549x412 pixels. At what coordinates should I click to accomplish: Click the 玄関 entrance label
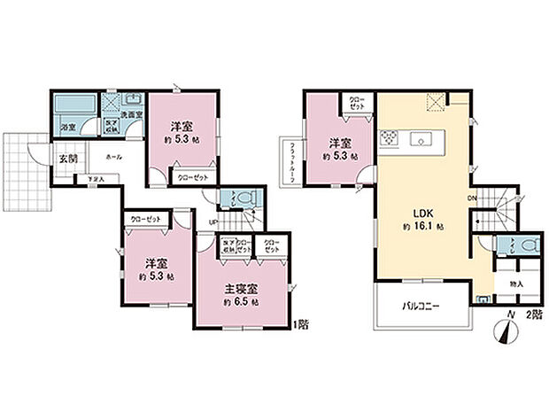pyautogui.click(x=67, y=159)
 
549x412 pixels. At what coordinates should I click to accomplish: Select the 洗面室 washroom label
pyautogui.click(x=131, y=115)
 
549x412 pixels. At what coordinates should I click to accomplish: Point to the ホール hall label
pyautogui.click(x=114, y=156)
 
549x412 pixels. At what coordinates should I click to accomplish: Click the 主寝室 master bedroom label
pyautogui.click(x=239, y=289)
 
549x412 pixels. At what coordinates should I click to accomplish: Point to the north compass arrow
pyautogui.click(x=506, y=333)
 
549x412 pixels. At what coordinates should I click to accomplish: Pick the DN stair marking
pyautogui.click(x=473, y=198)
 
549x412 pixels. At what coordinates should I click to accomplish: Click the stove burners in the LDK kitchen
pyautogui.click(x=390, y=138)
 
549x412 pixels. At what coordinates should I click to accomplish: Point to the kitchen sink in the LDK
pyautogui.click(x=420, y=138)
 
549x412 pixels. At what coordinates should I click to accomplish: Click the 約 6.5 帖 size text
pyautogui.click(x=241, y=303)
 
